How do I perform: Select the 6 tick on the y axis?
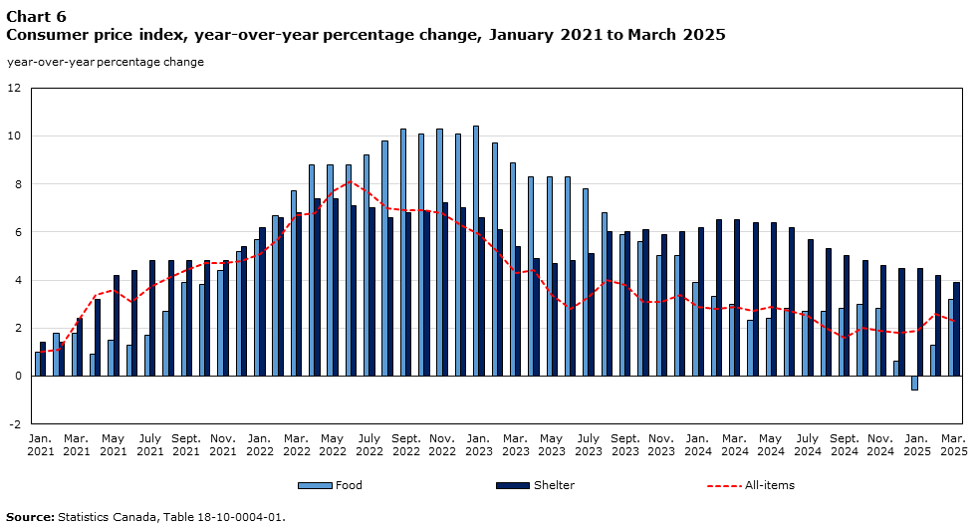[x=17, y=232]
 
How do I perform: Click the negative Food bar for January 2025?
[x=914, y=383]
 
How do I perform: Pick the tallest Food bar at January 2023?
[x=475, y=251]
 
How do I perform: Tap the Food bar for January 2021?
[x=38, y=364]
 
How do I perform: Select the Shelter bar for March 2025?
[x=956, y=329]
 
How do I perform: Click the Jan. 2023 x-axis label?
[x=478, y=444]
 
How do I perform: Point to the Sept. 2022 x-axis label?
[x=405, y=444]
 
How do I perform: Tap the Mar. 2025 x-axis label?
[x=953, y=444]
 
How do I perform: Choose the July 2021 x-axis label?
[x=149, y=444]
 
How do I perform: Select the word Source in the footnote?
[x=29, y=517]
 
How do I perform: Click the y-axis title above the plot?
[x=106, y=62]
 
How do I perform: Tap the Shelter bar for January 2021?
[x=43, y=359]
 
